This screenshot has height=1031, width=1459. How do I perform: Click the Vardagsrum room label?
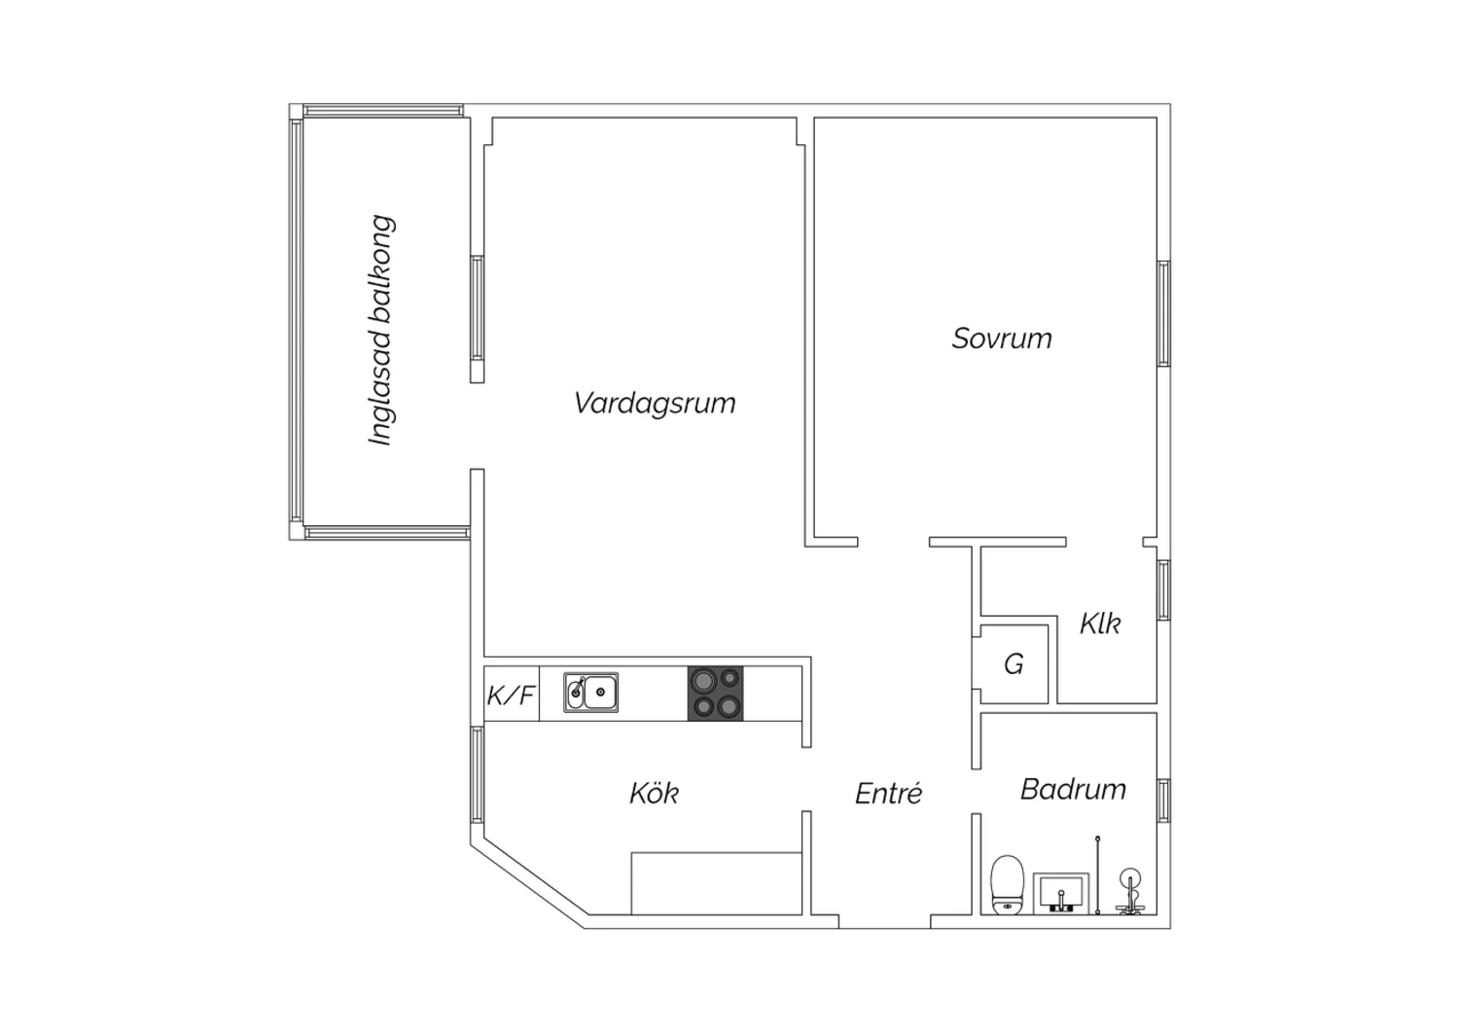click(x=655, y=403)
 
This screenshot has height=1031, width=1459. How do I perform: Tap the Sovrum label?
click(x=1002, y=338)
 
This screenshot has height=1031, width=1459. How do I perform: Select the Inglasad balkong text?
click(x=381, y=330)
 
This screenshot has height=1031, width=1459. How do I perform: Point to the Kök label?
click(x=654, y=793)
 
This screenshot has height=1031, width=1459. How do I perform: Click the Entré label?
click(x=888, y=793)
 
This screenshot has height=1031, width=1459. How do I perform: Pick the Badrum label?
click(x=1073, y=790)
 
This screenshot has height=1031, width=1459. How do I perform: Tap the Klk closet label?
click(x=1100, y=623)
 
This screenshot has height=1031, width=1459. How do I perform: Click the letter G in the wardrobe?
click(x=1014, y=664)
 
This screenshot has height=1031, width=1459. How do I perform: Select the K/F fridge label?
click(x=511, y=695)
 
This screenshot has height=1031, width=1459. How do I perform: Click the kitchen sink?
click(x=590, y=693)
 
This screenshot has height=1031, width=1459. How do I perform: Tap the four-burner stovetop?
click(x=715, y=693)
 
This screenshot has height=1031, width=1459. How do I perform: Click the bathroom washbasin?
click(x=1061, y=894)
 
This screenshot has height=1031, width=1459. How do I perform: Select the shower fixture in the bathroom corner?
click(x=1130, y=891)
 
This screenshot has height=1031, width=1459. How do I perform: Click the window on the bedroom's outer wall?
click(x=1163, y=313)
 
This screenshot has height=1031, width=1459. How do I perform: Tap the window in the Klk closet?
click(x=1163, y=590)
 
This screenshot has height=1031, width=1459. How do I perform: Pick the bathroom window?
click(x=1163, y=800)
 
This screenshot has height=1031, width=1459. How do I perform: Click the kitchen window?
click(x=477, y=775)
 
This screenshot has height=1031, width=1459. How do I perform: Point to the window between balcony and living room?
click(x=477, y=308)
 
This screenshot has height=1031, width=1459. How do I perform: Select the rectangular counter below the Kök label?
click(x=717, y=883)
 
